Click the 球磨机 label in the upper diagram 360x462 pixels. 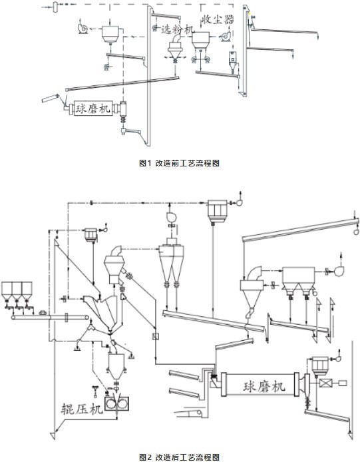click(92, 109)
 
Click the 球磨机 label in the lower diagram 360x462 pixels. click(264, 385)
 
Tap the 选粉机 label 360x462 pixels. click(178, 29)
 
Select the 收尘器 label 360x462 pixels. click(218, 19)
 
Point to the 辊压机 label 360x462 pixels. click(82, 408)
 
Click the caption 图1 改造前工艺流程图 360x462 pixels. click(179, 163)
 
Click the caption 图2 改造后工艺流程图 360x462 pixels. click(179, 457)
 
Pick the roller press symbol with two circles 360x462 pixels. click(117, 403)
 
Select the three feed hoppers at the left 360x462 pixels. click(17, 291)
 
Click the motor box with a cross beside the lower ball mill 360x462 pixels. click(325, 383)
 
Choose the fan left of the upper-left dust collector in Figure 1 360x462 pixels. click(83, 29)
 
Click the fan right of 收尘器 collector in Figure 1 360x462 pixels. click(226, 36)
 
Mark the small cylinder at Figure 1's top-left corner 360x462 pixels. click(55, 7)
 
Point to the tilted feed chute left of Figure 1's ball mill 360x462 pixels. click(51, 98)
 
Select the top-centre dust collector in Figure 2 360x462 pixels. click(218, 210)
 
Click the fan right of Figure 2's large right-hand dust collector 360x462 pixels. click(339, 271)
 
